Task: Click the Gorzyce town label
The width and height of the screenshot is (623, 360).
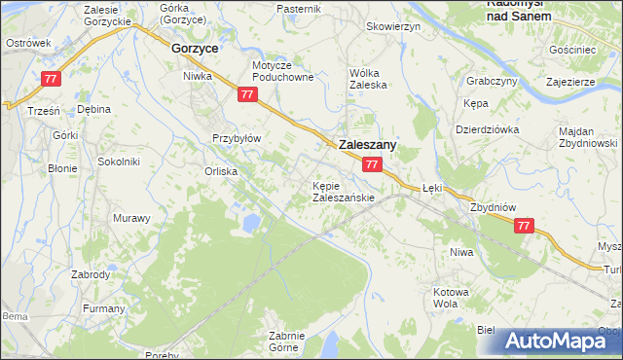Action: (194, 47)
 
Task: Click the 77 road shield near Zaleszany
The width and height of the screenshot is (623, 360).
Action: (372, 165)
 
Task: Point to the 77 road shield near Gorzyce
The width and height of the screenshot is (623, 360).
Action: (247, 94)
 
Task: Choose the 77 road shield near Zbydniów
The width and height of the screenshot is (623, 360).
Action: (524, 226)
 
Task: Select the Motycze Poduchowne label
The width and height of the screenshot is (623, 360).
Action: (282, 71)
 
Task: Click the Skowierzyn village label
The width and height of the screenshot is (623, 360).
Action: (392, 26)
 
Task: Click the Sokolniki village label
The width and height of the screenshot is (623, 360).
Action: (119, 162)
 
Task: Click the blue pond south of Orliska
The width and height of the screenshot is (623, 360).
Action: (252, 223)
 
